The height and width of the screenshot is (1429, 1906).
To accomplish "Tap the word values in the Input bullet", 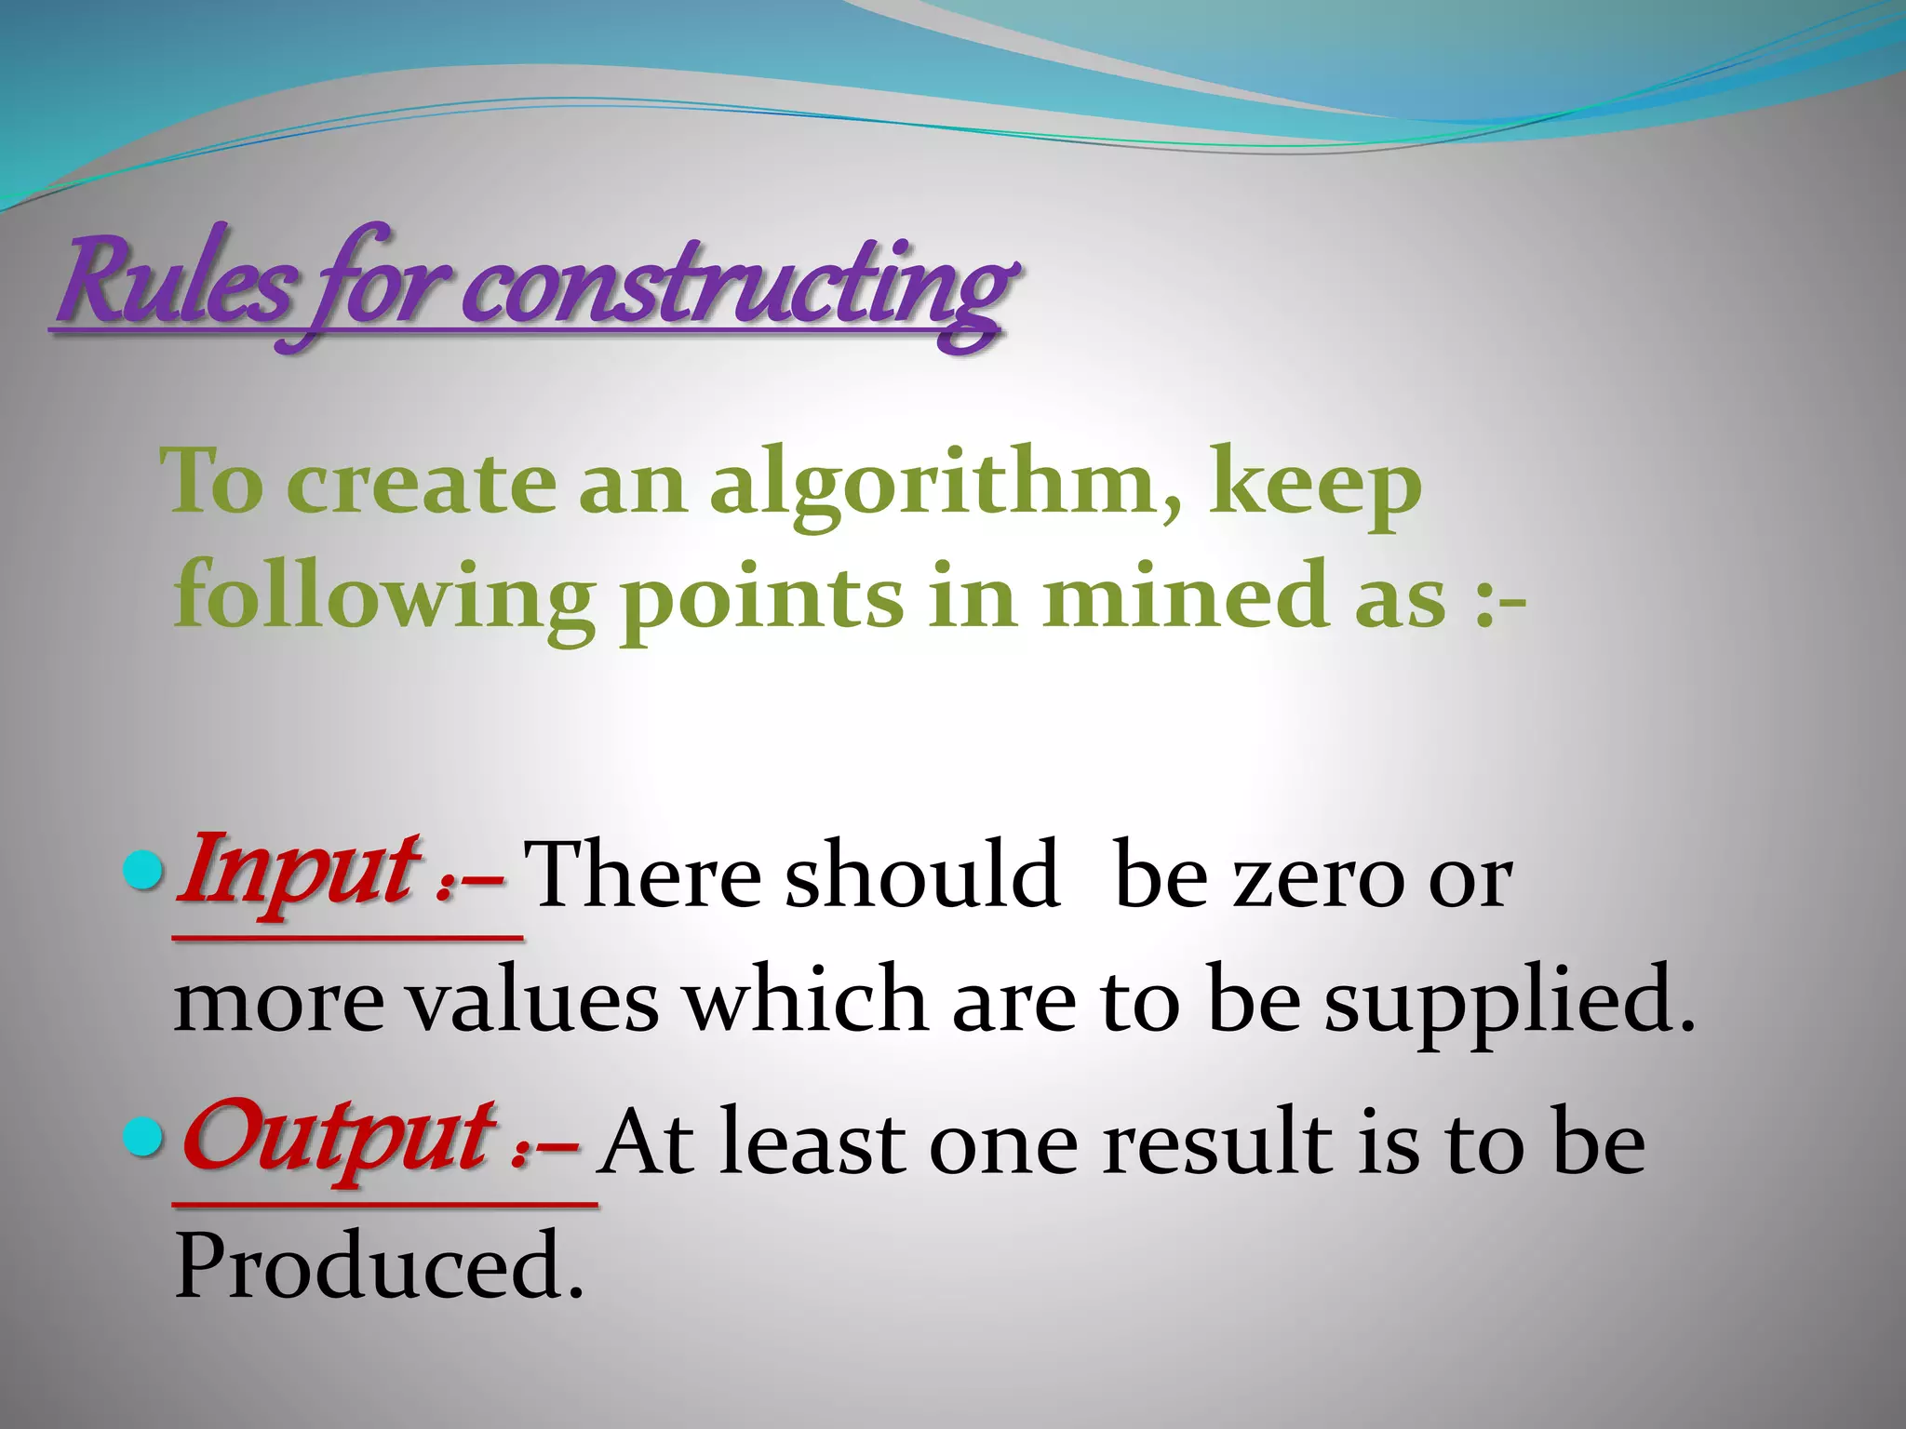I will [534, 1001].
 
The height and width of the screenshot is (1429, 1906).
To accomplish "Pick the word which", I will [806, 999].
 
